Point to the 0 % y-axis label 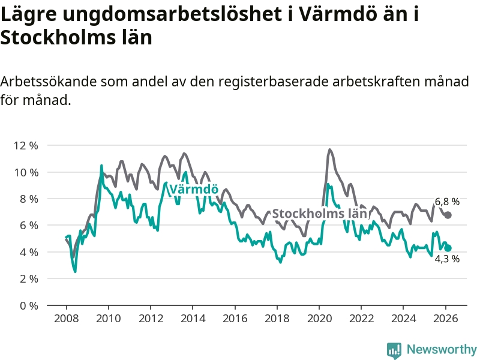point(29,305)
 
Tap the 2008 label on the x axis point(66,318)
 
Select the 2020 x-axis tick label point(319,318)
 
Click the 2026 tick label point(446,318)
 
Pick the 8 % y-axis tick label point(29,199)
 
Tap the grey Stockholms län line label point(319,214)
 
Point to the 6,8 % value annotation point(447,202)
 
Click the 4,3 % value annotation point(447,259)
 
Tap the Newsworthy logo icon point(394,350)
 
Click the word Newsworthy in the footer point(442,349)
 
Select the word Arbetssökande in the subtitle point(47,82)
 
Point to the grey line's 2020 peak point(330,149)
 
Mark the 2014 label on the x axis point(193,318)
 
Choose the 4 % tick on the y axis point(29,252)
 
